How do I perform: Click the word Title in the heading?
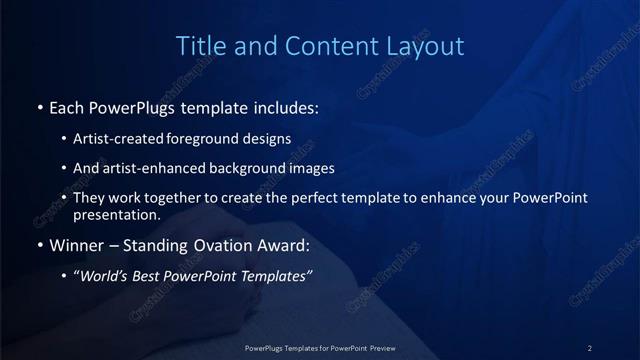pos(199,46)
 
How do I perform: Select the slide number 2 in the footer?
pos(590,347)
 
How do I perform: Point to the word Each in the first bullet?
pos(67,106)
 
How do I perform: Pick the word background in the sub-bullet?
pos(249,168)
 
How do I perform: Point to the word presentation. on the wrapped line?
pos(117,214)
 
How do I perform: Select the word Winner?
pos(77,245)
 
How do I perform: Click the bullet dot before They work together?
pos(65,199)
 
